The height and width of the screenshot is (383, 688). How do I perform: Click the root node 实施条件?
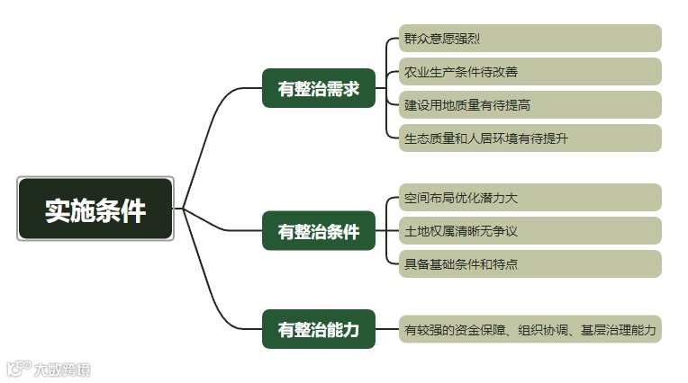(95, 209)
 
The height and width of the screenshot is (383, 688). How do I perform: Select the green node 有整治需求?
(318, 88)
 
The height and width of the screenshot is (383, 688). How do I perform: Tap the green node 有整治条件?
(318, 231)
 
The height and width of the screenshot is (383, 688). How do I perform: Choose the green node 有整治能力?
(318, 329)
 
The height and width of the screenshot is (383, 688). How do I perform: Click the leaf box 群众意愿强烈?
(530, 39)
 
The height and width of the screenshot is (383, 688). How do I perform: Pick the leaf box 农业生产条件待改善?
(530, 72)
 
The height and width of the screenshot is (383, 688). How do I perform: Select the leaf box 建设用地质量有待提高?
(530, 104)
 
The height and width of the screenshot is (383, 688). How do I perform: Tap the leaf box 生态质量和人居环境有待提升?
(530, 138)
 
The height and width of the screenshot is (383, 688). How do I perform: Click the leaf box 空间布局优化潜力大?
(530, 198)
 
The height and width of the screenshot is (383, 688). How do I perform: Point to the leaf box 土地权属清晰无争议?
(530, 231)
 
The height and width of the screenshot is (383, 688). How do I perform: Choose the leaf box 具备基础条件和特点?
(530, 263)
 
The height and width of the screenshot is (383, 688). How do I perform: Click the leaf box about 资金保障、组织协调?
(530, 329)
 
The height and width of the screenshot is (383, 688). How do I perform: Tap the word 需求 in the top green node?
(342, 88)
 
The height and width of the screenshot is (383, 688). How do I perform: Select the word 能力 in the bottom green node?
(342, 329)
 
